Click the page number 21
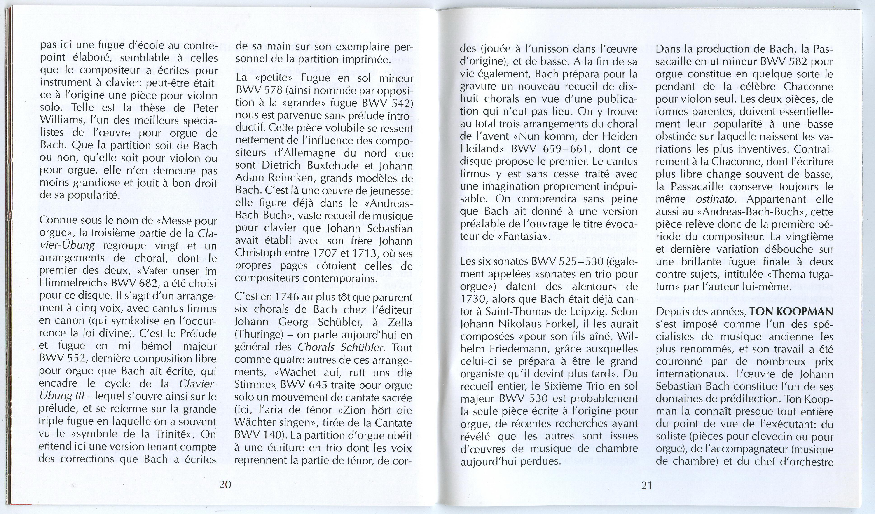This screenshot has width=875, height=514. [x=646, y=485]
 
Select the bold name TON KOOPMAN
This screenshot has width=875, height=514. [x=791, y=312]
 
